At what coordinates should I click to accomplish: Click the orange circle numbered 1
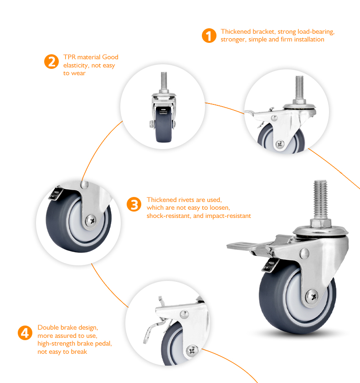(x=209, y=36)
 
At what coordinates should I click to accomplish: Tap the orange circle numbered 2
(x=51, y=61)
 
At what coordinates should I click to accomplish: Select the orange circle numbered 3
(x=134, y=204)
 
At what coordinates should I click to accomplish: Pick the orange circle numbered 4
(x=25, y=333)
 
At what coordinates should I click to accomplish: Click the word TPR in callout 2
(x=69, y=57)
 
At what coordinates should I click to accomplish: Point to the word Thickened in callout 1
(x=236, y=31)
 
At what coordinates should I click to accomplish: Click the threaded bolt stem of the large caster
(x=320, y=200)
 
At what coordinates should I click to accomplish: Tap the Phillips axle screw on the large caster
(x=312, y=296)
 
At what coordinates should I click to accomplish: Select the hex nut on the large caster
(x=321, y=223)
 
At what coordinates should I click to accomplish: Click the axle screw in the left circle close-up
(x=91, y=221)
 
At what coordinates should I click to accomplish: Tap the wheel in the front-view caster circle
(x=164, y=124)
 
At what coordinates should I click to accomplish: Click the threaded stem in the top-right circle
(x=300, y=88)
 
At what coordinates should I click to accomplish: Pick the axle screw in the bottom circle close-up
(x=192, y=351)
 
